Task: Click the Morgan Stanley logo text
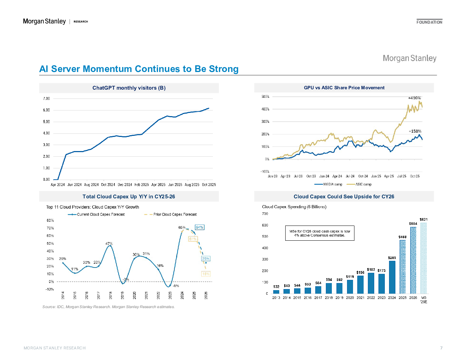[410, 58]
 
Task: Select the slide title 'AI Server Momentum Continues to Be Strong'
[139, 69]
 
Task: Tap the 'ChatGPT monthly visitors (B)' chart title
[129, 88]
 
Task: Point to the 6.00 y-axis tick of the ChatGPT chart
[46, 110]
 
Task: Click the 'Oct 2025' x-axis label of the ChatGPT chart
[209, 185]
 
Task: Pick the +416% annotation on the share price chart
[414, 98]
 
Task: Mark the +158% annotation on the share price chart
[415, 131]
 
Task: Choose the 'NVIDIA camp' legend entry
[329, 184]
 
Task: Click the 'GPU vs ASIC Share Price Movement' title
[344, 88]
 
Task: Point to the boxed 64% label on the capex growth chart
[199, 227]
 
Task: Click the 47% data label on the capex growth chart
[109, 244]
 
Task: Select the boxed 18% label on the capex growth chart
[205, 274]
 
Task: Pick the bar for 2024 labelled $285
[392, 277]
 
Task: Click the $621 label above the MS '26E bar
[423, 220]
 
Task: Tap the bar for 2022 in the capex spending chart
[371, 283]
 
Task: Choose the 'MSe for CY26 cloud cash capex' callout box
[319, 233]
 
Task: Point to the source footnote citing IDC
[108, 307]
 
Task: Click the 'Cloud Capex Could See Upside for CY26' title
[344, 197]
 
